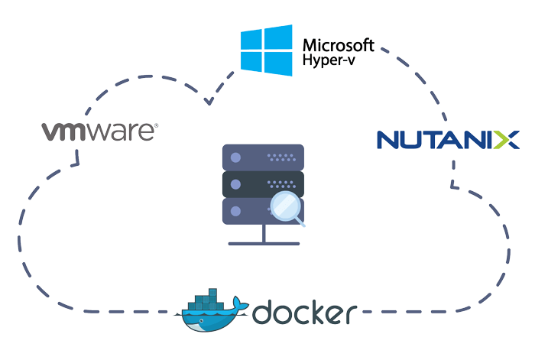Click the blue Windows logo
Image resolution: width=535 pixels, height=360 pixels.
point(266,50)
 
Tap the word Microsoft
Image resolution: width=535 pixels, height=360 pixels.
point(338,44)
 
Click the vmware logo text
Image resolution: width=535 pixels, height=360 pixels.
point(99,132)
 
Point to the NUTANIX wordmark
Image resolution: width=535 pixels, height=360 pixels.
point(448,140)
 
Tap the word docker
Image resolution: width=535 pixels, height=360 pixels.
point(304,313)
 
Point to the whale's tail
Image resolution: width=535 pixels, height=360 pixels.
point(243,304)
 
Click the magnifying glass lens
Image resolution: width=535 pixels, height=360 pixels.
point(284,206)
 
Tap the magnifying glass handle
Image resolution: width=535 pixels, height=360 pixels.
point(301,223)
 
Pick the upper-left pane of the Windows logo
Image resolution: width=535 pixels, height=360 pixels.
point(253,41)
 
